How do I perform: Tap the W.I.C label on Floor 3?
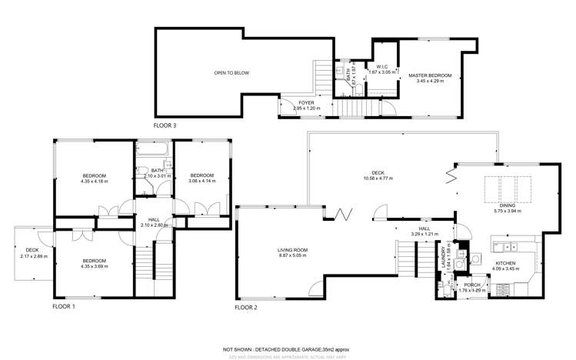click(381, 67)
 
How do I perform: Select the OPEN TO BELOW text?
click(231, 73)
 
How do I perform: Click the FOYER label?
click(306, 102)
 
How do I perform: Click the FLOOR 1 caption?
click(63, 306)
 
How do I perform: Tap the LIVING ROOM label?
click(293, 250)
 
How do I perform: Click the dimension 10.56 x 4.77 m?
click(377, 178)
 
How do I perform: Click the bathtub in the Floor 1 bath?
click(154, 152)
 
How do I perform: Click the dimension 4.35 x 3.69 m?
click(95, 266)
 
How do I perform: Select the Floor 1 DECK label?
click(32, 250)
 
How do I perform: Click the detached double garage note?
click(288, 348)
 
